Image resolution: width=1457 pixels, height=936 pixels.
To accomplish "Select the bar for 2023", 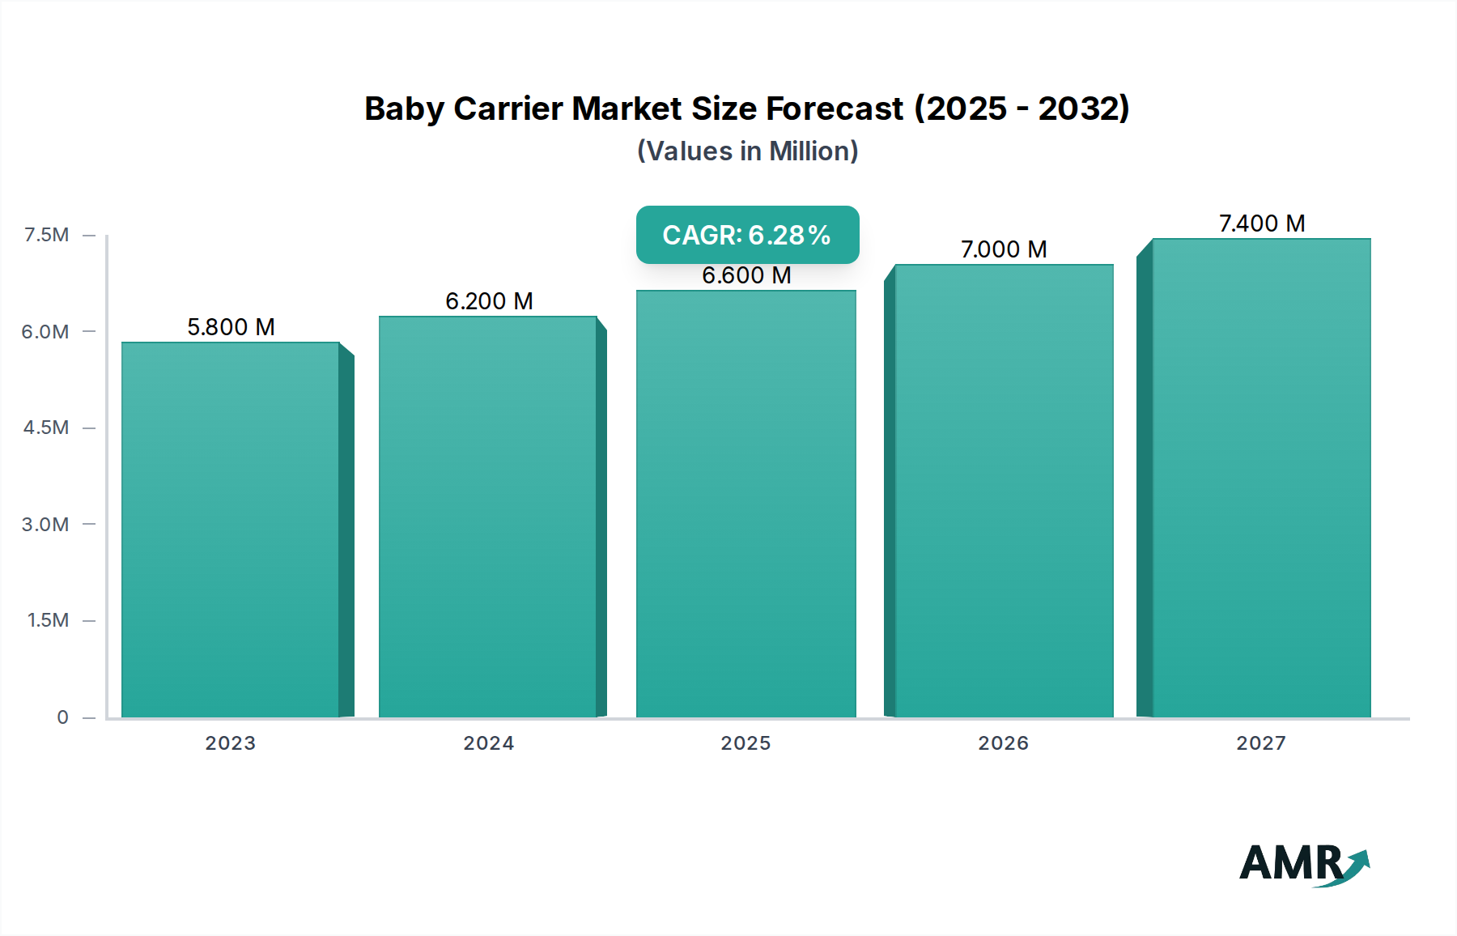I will point(231,530).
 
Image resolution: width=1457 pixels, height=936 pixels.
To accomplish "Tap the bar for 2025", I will point(745,504).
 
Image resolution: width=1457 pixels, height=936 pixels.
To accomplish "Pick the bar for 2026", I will point(1004,491).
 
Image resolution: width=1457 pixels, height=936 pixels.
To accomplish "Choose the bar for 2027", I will point(1261,478).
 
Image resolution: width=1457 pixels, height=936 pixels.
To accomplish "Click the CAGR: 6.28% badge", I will point(747,235).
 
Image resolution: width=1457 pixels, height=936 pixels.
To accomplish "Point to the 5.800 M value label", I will point(231,327).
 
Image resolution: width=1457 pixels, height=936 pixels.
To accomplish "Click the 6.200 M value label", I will point(489,301).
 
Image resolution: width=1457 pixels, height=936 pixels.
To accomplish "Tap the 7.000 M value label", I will point(1004,249).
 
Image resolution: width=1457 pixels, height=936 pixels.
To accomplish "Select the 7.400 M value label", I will point(1262,223).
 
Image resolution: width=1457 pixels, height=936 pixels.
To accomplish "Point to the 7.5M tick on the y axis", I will point(47,235).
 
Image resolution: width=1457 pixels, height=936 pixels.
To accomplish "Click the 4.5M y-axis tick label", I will point(46,428).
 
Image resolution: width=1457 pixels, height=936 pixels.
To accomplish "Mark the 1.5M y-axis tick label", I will point(48,620).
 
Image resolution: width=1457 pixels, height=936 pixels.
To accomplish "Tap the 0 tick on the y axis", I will point(62,717).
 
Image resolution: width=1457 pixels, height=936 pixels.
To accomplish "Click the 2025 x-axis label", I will point(745,743).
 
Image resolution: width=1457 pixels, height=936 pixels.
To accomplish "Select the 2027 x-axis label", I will point(1261,743).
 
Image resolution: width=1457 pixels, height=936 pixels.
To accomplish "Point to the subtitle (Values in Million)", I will point(747,151).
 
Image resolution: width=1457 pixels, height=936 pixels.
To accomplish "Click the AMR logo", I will point(1303,864).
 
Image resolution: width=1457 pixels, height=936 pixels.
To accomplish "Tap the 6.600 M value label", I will point(746,275).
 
